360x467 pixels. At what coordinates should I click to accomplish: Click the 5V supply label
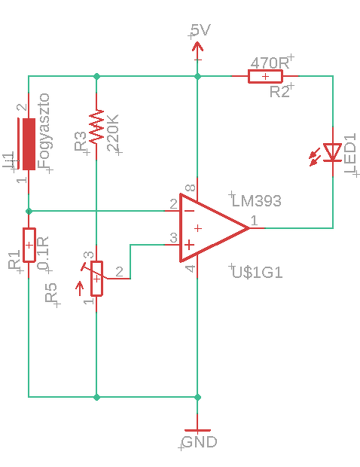pyautogui.click(x=200, y=30)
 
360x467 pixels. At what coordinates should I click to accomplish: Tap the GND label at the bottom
pyautogui.click(x=200, y=441)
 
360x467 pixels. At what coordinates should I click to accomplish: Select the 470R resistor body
pyautogui.click(x=265, y=76)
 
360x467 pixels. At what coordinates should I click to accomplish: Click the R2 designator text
pyautogui.click(x=279, y=92)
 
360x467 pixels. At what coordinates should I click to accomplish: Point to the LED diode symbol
pyautogui.click(x=333, y=153)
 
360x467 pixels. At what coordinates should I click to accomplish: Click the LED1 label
pyautogui.click(x=350, y=154)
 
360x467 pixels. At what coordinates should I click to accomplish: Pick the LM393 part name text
pyautogui.click(x=256, y=201)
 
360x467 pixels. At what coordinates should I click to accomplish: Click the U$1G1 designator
pyautogui.click(x=257, y=273)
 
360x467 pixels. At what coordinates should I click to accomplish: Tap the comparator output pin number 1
pyautogui.click(x=254, y=221)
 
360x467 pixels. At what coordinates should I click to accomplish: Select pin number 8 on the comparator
pyautogui.click(x=190, y=188)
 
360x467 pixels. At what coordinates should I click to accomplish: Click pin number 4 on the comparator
pyautogui.click(x=191, y=269)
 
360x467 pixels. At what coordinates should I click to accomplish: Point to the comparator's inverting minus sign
pyautogui.click(x=189, y=211)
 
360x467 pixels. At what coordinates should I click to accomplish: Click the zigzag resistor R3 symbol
pyautogui.click(x=96, y=127)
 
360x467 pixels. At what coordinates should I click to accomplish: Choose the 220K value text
pyautogui.click(x=112, y=133)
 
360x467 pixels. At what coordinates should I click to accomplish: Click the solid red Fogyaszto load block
pyautogui.click(x=29, y=144)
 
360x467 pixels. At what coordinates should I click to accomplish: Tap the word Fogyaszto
pyautogui.click(x=44, y=131)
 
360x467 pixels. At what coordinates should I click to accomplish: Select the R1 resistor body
pyautogui.click(x=29, y=245)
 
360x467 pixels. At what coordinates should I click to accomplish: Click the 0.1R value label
pyautogui.click(x=43, y=254)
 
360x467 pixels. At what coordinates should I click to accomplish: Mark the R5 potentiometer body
pyautogui.click(x=96, y=279)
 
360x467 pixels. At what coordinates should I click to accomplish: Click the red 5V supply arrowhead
pyautogui.click(x=197, y=47)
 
